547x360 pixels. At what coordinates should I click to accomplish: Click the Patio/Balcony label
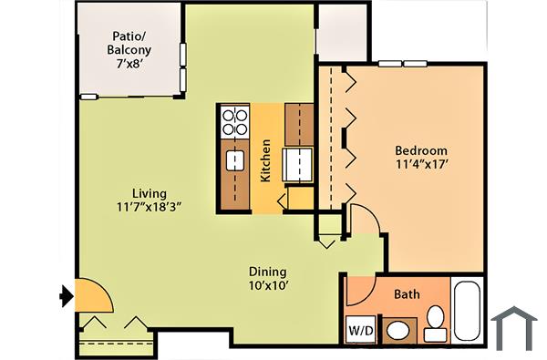click(131, 42)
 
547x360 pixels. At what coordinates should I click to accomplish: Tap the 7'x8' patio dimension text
click(131, 65)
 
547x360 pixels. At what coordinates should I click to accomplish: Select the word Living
click(149, 193)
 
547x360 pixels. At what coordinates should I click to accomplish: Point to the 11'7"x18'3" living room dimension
click(149, 207)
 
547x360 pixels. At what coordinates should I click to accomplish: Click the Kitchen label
click(265, 160)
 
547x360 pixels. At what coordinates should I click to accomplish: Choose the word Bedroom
click(420, 150)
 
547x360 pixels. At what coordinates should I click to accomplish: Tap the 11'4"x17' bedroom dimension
click(420, 165)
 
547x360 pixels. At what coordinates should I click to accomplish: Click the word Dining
click(268, 272)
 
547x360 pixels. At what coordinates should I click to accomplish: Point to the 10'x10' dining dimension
click(268, 286)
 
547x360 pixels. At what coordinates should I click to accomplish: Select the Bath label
click(406, 295)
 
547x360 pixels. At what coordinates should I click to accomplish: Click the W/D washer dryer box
click(359, 328)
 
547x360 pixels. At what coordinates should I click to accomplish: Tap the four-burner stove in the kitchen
click(235, 121)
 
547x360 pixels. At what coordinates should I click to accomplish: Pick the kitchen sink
click(235, 162)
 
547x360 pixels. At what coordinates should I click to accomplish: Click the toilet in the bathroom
click(435, 323)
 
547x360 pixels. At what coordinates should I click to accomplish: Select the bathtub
click(468, 313)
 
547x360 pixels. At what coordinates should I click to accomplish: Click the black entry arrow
click(66, 295)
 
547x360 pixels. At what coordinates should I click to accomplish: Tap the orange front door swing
click(88, 293)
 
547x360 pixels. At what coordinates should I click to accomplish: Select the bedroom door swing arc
click(362, 221)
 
